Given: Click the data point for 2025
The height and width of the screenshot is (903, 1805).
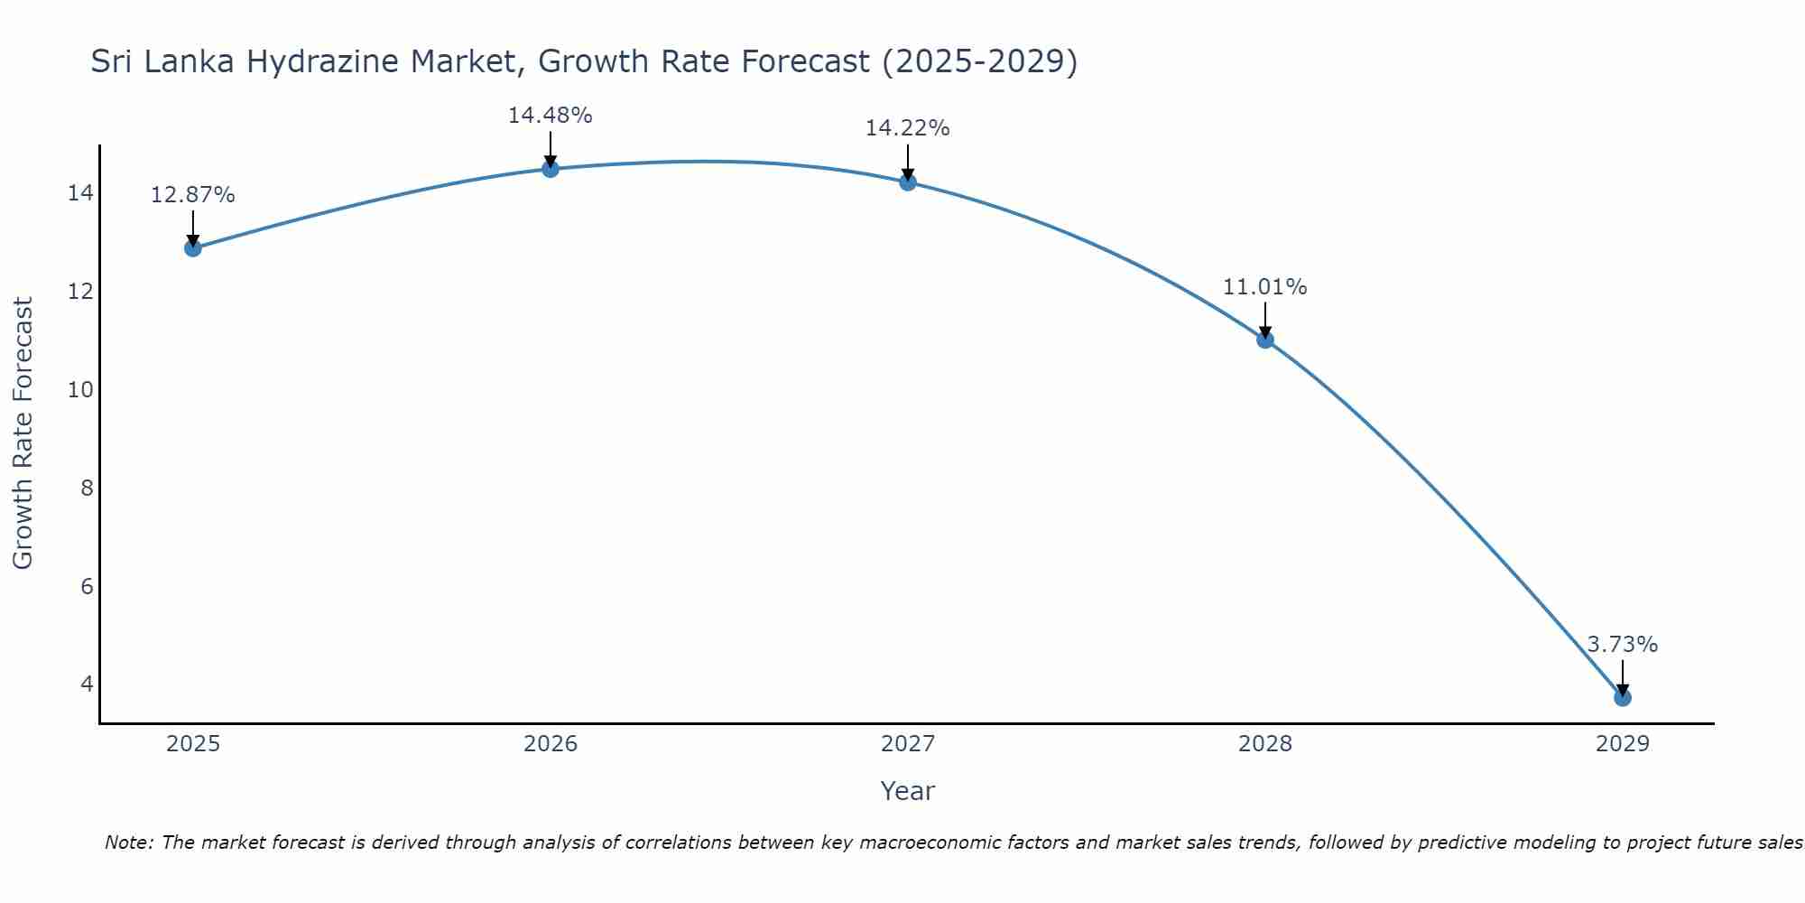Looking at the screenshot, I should tap(192, 247).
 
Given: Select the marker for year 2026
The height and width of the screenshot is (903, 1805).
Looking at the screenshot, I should tap(551, 169).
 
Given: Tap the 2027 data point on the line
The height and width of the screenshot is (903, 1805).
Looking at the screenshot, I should tap(908, 182).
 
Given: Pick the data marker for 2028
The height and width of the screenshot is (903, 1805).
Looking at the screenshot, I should tap(1265, 340).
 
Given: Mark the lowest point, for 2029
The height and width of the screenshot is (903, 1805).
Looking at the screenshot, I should tap(1623, 697).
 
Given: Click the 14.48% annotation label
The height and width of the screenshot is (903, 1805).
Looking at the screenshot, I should tap(551, 116).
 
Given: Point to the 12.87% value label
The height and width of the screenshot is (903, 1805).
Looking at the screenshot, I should tap(192, 195).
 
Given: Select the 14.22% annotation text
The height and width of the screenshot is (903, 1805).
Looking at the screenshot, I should tap(908, 128).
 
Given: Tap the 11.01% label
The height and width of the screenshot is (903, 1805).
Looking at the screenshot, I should tap(1265, 287).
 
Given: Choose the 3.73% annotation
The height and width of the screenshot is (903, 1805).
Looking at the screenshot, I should tap(1623, 645).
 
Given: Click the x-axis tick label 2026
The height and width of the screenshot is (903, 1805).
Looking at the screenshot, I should tap(551, 744).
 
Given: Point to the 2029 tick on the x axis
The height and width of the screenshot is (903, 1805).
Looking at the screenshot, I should tap(1623, 744).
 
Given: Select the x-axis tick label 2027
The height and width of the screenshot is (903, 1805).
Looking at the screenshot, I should tap(908, 744).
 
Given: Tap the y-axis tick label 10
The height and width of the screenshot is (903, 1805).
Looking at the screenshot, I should tap(80, 390).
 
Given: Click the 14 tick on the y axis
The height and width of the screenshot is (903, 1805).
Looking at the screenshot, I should tap(80, 193).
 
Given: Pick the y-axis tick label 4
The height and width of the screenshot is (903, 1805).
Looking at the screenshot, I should tap(87, 684).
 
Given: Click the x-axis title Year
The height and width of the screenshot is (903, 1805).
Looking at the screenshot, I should tap(908, 791).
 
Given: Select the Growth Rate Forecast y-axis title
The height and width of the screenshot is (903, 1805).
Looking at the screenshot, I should tap(23, 433).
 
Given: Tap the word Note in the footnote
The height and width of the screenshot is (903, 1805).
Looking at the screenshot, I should tap(128, 842).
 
